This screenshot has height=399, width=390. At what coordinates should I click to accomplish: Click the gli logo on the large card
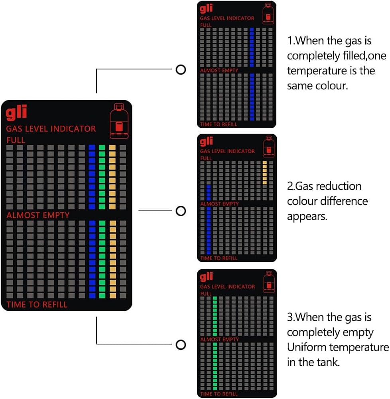pyautogui.click(x=17, y=113)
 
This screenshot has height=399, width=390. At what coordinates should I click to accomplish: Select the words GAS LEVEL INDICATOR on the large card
pyautogui.click(x=51, y=129)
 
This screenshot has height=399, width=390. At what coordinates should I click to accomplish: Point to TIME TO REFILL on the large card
pyautogui.click(x=37, y=305)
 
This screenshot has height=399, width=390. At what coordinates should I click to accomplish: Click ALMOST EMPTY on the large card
pyautogui.click(x=38, y=215)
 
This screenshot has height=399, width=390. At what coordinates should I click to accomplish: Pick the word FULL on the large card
pyautogui.click(x=16, y=140)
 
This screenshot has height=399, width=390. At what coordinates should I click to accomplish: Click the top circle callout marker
pyautogui.click(x=181, y=70)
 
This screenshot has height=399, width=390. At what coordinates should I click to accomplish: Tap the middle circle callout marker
pyautogui.click(x=181, y=211)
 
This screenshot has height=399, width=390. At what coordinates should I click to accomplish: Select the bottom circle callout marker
pyautogui.click(x=181, y=344)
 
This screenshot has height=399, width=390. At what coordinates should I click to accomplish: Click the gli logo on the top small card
pyautogui.click(x=207, y=8)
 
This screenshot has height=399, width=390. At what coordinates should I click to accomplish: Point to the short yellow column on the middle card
pyautogui.click(x=265, y=173)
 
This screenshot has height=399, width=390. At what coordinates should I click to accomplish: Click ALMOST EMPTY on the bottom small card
pyautogui.click(x=219, y=339)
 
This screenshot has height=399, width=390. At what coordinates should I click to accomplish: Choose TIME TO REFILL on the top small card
pyautogui.click(x=219, y=124)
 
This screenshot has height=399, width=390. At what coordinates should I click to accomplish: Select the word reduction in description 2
pyautogui.click(x=335, y=186)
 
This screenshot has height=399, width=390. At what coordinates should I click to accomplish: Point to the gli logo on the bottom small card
pyautogui.click(x=207, y=277)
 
